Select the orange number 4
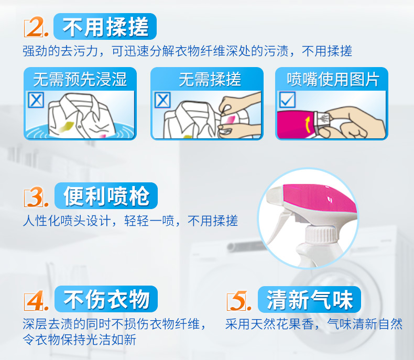[x=36, y=300]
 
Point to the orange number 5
[x=239, y=301]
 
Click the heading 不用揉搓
[x=105, y=27]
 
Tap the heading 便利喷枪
[x=106, y=196]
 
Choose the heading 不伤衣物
[x=106, y=299]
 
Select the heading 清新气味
[x=309, y=300]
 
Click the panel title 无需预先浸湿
[x=80, y=79]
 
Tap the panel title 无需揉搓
[x=210, y=79]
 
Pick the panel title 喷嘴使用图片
[x=333, y=79]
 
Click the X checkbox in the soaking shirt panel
[x=36, y=100]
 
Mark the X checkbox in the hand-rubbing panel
[x=162, y=100]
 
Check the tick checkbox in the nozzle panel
[x=287, y=100]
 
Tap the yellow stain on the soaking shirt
[x=66, y=126]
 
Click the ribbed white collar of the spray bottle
[x=321, y=235]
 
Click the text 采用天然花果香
[x=269, y=324]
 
